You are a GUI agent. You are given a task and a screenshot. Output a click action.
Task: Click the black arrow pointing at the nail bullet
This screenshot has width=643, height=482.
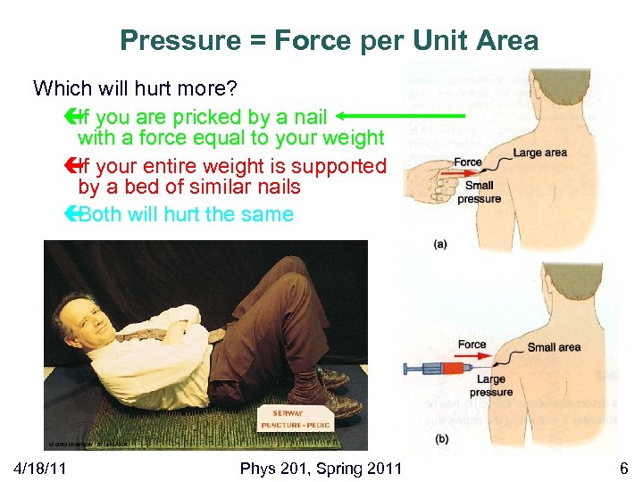[402, 115]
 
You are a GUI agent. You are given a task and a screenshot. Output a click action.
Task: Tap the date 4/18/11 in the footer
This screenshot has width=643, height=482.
[44, 468]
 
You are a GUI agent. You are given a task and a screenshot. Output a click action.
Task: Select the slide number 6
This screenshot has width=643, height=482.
[623, 468]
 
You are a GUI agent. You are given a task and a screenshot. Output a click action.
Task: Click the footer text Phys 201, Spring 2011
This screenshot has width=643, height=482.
[321, 468]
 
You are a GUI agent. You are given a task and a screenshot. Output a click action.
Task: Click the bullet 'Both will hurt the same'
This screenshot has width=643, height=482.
[186, 214]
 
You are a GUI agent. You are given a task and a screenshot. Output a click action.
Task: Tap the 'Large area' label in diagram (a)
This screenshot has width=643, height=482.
[539, 153]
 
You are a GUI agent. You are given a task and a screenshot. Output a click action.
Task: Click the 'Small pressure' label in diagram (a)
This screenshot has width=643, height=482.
[479, 193]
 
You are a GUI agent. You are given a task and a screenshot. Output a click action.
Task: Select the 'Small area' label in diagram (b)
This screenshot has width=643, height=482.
[554, 347]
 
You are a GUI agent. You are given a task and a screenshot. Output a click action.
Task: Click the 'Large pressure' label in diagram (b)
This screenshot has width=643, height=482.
[490, 386]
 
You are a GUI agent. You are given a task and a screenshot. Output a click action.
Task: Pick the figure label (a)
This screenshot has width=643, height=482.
[439, 243]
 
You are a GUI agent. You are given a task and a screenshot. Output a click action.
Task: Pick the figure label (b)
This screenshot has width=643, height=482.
[439, 437]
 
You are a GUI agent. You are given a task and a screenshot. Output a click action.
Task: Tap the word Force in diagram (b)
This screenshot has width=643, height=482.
[472, 345]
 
